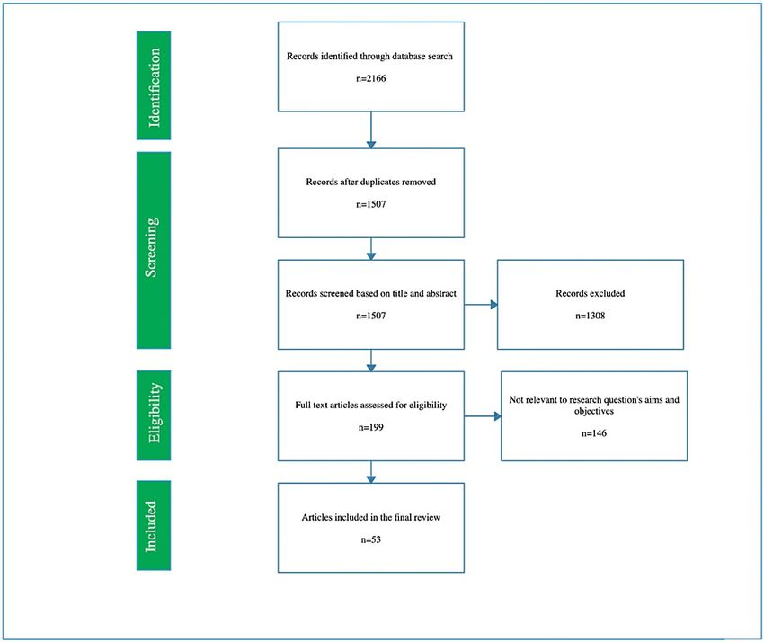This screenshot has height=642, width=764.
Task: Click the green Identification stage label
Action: [x=154, y=85]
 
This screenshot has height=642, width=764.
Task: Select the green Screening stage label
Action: [x=154, y=250]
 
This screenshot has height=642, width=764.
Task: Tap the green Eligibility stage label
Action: [x=154, y=415]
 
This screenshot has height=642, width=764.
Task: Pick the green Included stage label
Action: [x=154, y=525]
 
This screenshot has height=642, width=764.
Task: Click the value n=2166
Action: [x=371, y=78]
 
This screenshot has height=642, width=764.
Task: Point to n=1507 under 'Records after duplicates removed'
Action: [x=371, y=204]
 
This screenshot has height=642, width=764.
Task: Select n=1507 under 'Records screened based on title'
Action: [x=371, y=316]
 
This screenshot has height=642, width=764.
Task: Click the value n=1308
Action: [x=590, y=316]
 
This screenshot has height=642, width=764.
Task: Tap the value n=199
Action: [x=371, y=427]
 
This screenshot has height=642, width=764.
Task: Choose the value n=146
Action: [x=594, y=433]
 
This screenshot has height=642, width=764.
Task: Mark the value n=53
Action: [x=371, y=539]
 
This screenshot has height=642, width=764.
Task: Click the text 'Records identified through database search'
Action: [x=369, y=56]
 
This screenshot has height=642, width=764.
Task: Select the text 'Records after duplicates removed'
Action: [x=371, y=182]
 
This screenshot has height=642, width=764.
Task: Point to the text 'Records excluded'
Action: [x=590, y=293]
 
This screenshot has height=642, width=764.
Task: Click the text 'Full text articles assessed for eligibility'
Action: [x=371, y=406]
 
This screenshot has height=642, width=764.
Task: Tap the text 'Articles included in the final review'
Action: [x=371, y=517]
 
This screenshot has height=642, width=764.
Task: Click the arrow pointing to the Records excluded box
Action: [x=481, y=305]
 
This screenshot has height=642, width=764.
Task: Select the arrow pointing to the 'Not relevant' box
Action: [x=483, y=416]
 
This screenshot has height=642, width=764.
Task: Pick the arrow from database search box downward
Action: [x=371, y=130]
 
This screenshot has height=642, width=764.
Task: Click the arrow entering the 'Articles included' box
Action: [x=371, y=472]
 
